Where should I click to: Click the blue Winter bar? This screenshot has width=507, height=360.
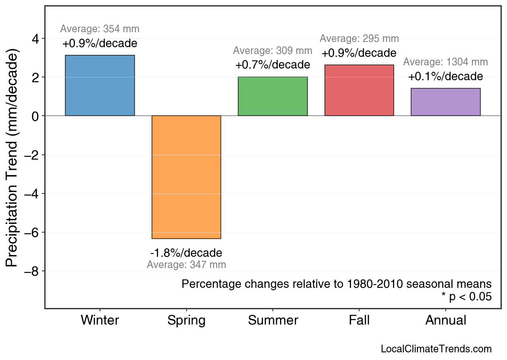click(100, 85)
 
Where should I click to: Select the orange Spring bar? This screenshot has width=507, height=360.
click(186, 177)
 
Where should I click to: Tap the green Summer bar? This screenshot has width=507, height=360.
click(273, 96)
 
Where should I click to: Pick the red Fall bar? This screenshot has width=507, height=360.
click(359, 90)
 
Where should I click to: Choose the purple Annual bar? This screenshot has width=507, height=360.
click(445, 102)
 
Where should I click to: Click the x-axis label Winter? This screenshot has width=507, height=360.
click(100, 320)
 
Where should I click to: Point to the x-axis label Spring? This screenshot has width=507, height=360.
click(186, 321)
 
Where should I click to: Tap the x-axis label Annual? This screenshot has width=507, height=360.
click(445, 320)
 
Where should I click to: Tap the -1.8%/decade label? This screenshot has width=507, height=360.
click(186, 253)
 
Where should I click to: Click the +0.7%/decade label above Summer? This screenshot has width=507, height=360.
click(273, 65)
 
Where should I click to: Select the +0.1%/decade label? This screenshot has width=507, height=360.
click(445, 76)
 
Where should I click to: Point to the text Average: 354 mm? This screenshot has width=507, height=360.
click(100, 29)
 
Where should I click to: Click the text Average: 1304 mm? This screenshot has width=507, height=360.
click(445, 62)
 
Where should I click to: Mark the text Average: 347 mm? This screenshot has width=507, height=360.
click(186, 265)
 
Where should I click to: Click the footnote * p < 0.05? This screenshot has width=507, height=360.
click(466, 297)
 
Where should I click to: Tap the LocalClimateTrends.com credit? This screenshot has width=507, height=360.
click(436, 349)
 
